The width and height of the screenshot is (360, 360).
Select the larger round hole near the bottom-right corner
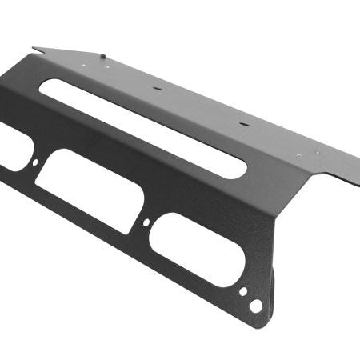(255, 306)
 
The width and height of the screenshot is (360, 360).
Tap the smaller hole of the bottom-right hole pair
(243, 292)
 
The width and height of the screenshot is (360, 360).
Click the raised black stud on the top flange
(105, 56)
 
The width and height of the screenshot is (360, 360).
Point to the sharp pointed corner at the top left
(33, 48)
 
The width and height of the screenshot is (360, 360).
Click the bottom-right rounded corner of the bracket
(265, 323)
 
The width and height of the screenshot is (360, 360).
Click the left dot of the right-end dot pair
(298, 154)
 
